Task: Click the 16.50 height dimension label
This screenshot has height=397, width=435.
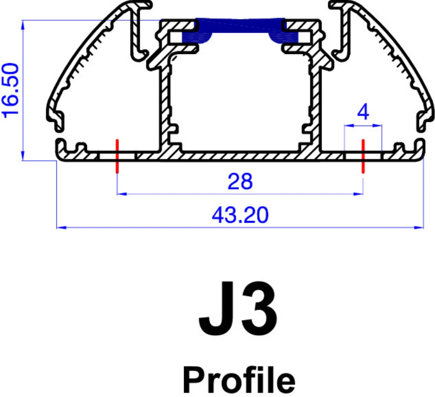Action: pyautogui.click(x=10, y=91)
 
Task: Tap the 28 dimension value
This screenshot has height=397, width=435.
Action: pyautogui.click(x=240, y=181)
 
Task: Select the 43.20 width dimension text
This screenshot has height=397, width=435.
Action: pyautogui.click(x=240, y=215)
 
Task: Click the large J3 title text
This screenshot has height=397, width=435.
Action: pyautogui.click(x=238, y=308)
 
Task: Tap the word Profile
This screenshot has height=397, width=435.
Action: pyautogui.click(x=239, y=380)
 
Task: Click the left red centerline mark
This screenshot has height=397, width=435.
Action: pyautogui.click(x=117, y=156)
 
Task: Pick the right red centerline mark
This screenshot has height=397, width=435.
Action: pyautogui.click(x=363, y=156)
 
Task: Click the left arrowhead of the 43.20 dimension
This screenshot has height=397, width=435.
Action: pyautogui.click(x=62, y=227)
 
